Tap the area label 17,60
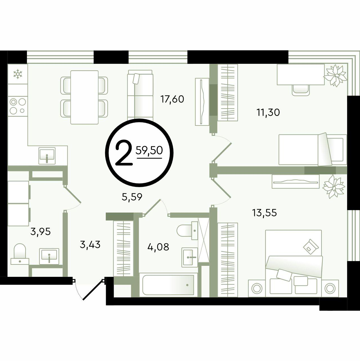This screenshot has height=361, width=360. [x=172, y=99]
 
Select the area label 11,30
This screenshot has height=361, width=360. [x=268, y=113]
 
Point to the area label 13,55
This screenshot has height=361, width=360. [x=265, y=213]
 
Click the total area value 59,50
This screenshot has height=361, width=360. [x=149, y=150]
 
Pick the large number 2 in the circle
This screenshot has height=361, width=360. [x=124, y=153]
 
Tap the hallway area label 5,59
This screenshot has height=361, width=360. [x=132, y=197]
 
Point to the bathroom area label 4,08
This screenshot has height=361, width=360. [x=158, y=247]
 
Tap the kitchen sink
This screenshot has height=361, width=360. [x=47, y=156]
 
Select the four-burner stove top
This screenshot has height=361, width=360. [x=18, y=106]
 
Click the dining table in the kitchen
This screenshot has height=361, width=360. [x=84, y=97]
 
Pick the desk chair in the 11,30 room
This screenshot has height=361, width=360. [x=301, y=90]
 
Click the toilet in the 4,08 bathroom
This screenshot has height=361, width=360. [x=187, y=231]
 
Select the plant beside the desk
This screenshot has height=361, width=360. [x=336, y=75]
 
